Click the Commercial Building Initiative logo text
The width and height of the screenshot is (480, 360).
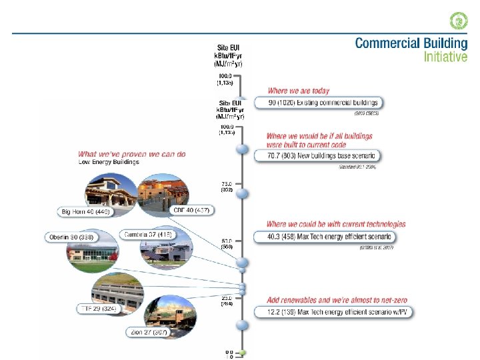411,49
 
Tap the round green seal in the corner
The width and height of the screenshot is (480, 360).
459,21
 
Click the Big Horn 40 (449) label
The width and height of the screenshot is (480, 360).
86,212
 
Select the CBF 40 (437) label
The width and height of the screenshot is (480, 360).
191,211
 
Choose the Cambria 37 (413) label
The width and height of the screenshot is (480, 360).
148,235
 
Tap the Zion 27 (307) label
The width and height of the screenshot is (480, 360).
152,332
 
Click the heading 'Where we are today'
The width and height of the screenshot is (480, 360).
298,91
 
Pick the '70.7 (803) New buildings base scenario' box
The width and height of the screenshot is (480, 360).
322,156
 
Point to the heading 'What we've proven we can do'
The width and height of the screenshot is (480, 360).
132,154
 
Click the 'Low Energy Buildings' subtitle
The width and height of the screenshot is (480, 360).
109,162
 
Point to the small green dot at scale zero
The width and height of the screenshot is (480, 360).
244,352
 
